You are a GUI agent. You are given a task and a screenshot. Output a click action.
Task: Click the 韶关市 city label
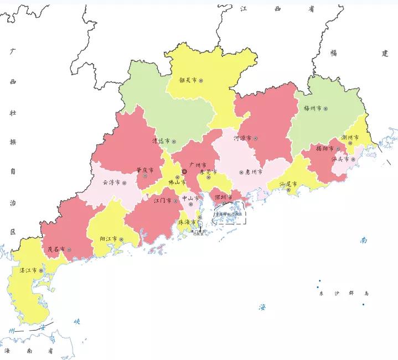point(188,80)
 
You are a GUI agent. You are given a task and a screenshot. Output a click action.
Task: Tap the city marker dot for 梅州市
point(326,109)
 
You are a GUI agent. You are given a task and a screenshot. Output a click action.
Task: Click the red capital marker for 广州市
point(184,171)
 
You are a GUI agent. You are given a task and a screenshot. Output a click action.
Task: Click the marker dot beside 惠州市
point(241,173)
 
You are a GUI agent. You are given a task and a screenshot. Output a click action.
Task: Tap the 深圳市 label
point(223,197)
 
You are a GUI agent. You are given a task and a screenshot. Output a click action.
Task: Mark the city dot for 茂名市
point(69,250)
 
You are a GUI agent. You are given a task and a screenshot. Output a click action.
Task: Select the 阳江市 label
point(108,239)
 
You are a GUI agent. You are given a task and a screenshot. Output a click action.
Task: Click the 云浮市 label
point(111,182)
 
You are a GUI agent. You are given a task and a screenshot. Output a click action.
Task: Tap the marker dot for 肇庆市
point(146,176)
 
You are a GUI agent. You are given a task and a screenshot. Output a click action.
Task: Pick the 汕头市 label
point(339,159)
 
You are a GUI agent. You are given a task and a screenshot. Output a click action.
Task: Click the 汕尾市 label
point(288,184)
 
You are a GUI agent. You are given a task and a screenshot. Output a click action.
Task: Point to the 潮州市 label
point(350,137)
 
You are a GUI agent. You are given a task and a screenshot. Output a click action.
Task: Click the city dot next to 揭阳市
point(338,149)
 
